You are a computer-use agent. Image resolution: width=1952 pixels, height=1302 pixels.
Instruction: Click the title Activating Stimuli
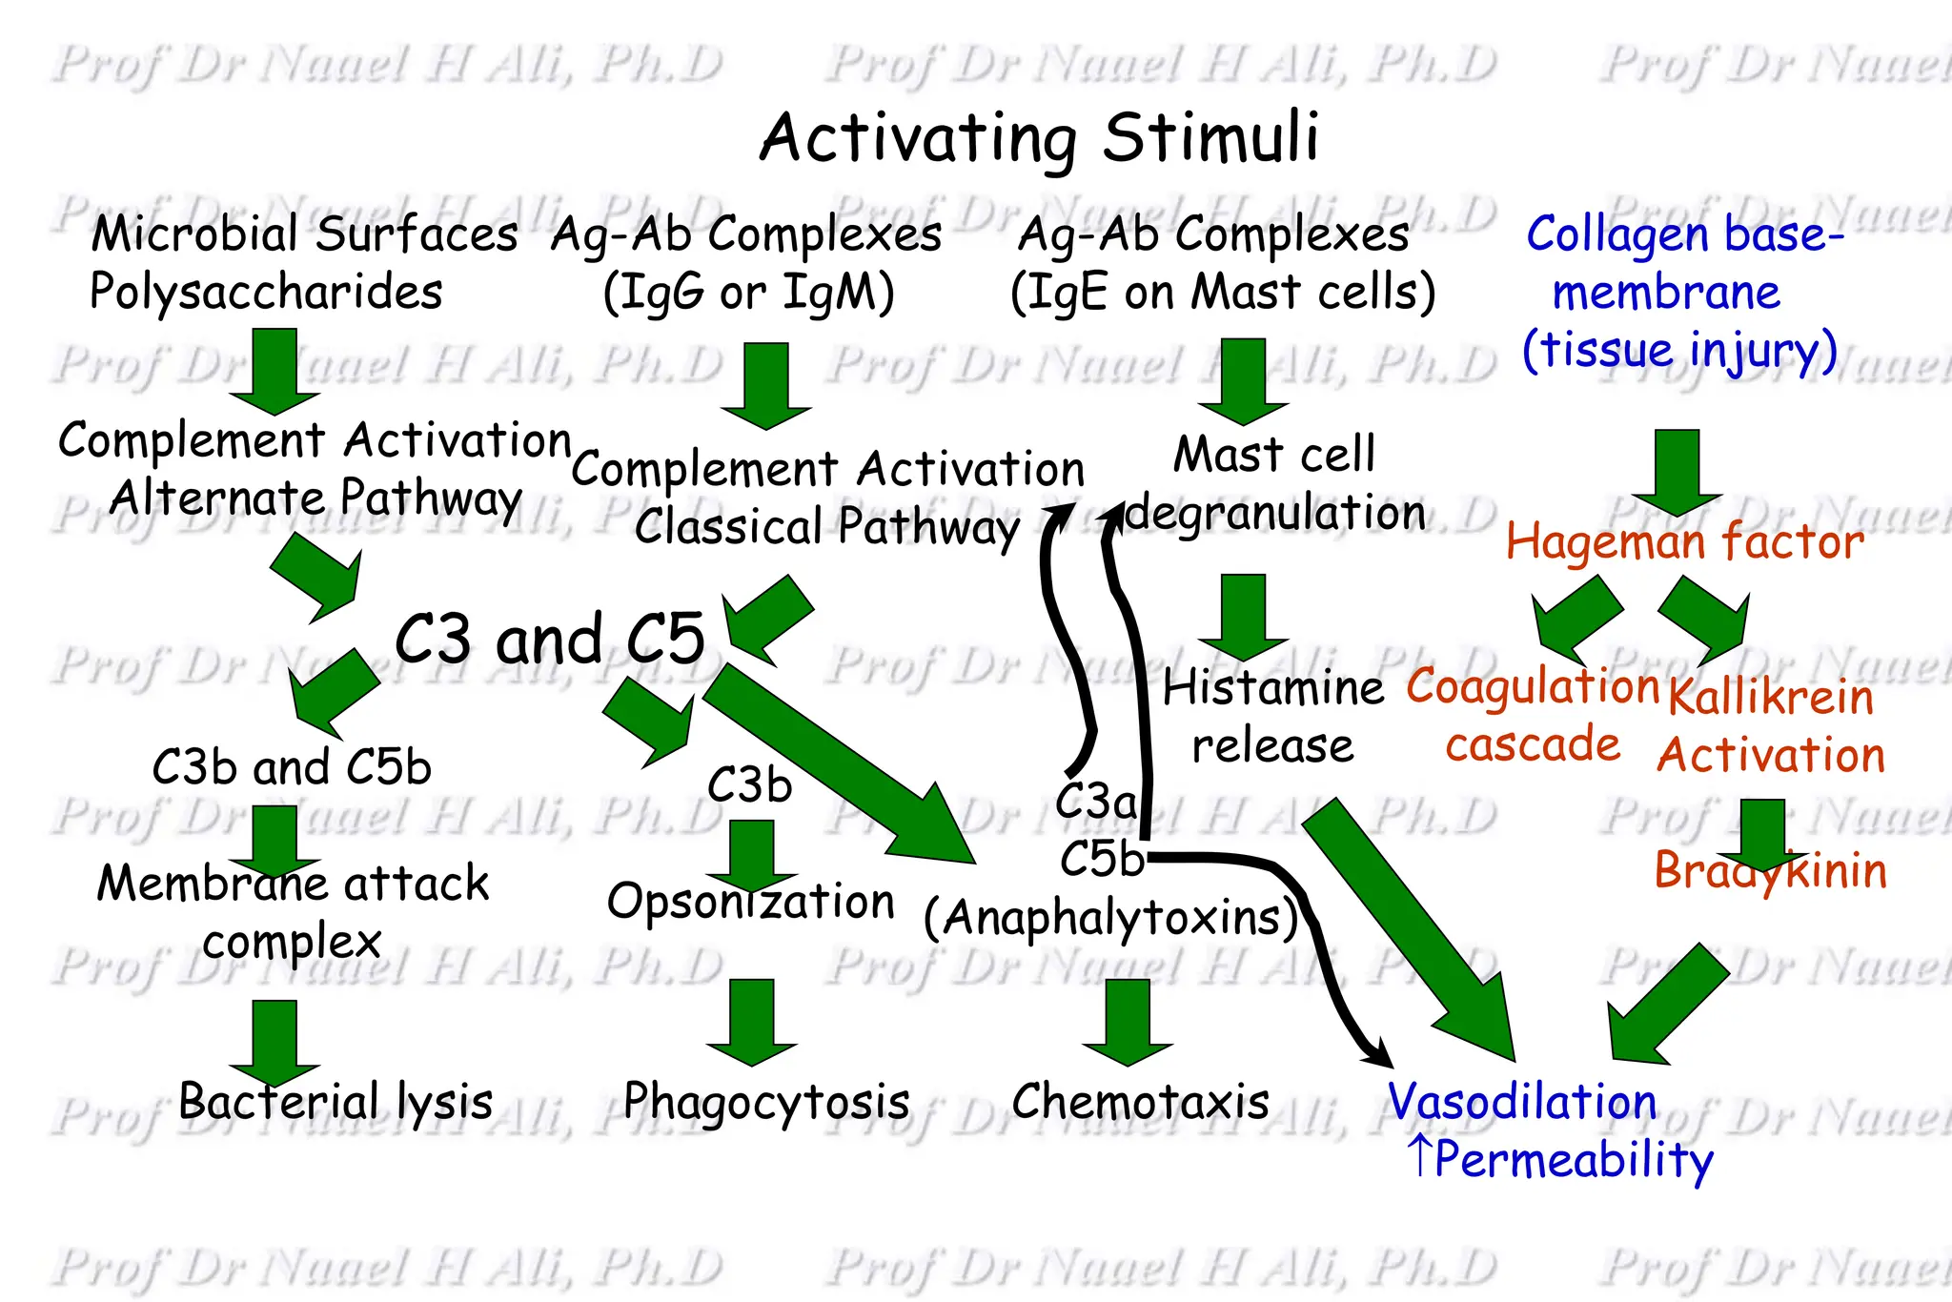pyautogui.click(x=1039, y=138)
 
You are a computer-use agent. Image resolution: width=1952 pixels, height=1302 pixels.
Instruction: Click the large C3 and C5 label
pyautogui.click(x=550, y=639)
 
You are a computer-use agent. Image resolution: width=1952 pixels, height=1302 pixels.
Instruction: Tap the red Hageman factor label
pyautogui.click(x=1684, y=542)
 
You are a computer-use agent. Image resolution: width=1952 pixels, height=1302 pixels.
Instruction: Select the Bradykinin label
pyautogui.click(x=1770, y=871)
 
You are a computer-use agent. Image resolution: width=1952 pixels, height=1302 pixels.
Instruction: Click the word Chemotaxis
pyautogui.click(x=1140, y=1102)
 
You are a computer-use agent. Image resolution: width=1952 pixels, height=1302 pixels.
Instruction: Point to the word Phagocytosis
pyautogui.click(x=766, y=1102)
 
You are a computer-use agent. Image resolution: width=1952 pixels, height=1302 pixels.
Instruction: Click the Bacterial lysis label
pyautogui.click(x=335, y=1102)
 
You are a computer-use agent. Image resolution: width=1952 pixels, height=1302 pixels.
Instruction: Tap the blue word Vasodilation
pyautogui.click(x=1522, y=1102)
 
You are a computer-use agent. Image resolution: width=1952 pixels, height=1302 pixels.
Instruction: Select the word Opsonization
pyautogui.click(x=751, y=902)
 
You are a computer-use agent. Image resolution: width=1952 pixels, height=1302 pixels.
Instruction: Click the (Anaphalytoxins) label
pyautogui.click(x=1111, y=919)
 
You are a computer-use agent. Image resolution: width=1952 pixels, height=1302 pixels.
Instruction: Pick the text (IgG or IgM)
pyautogui.click(x=749, y=292)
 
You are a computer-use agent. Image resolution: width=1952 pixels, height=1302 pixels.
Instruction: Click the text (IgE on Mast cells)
pyautogui.click(x=1223, y=292)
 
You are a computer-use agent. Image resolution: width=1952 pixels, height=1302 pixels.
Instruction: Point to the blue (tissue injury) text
pyautogui.click(x=1679, y=350)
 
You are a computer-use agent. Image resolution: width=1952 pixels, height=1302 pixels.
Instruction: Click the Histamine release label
pyautogui.click(x=1272, y=716)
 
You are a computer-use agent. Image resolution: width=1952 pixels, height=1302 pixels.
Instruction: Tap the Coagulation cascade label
pyautogui.click(x=1533, y=715)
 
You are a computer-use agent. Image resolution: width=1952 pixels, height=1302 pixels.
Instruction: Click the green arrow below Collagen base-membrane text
pyautogui.click(x=1677, y=473)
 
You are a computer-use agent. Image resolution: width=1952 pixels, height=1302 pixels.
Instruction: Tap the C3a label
pyautogui.click(x=1096, y=801)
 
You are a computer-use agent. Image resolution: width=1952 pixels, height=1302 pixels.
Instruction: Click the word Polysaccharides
pyautogui.click(x=266, y=292)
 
